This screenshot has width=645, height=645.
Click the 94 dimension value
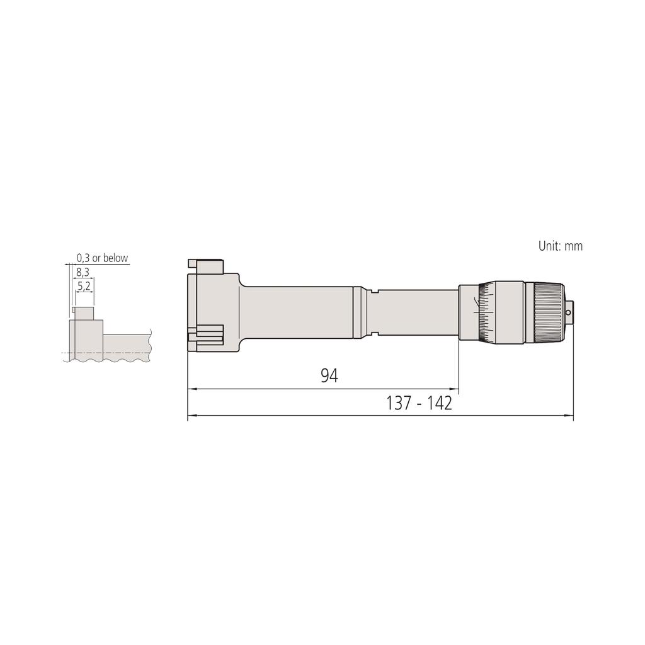(x=329, y=375)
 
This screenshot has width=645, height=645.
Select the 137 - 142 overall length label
(x=419, y=403)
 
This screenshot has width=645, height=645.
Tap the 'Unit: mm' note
(x=560, y=246)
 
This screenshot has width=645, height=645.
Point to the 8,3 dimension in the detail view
(x=83, y=272)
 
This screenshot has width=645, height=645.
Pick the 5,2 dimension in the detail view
(x=84, y=285)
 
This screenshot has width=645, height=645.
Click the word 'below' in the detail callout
(x=116, y=258)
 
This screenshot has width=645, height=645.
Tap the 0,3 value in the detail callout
(x=83, y=258)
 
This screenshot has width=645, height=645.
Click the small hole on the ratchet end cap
(x=569, y=312)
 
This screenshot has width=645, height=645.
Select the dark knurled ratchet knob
(x=549, y=312)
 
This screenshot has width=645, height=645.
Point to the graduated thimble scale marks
(x=486, y=312)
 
